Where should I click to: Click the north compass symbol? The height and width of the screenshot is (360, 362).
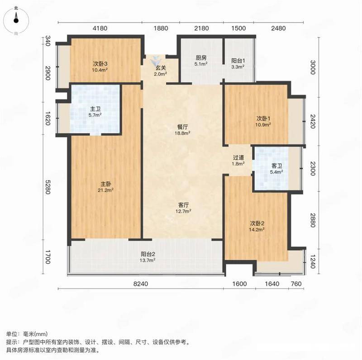pyautogui.click(x=16, y=20)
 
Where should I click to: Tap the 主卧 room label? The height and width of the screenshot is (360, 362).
pyautogui.click(x=106, y=184)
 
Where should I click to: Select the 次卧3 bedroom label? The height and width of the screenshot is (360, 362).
pyautogui.click(x=100, y=64)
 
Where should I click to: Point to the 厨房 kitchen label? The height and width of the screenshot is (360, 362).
pyautogui.click(x=201, y=58)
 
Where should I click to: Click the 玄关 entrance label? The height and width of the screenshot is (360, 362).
pyautogui.click(x=161, y=68)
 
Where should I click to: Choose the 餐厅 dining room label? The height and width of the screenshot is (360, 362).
pyautogui.click(x=183, y=127)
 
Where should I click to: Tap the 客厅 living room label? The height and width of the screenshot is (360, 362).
pyautogui.click(x=184, y=205)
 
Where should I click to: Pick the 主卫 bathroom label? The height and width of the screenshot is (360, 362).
pyautogui.click(x=95, y=109)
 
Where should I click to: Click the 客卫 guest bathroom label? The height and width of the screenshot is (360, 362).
pyautogui.click(x=276, y=166)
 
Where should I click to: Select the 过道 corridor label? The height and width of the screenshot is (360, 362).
pyautogui.click(x=238, y=158)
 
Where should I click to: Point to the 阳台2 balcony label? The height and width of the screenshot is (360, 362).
pyautogui.click(x=148, y=254)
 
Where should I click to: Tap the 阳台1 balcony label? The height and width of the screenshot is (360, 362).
pyautogui.click(x=238, y=61)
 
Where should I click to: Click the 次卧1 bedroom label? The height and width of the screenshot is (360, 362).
pyautogui.click(x=263, y=118)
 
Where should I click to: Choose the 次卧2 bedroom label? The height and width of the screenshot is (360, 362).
pyautogui.click(x=257, y=223)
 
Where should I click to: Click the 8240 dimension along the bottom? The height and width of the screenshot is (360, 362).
pyautogui.click(x=141, y=284)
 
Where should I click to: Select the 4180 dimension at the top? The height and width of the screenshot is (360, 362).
pyautogui.click(x=100, y=28)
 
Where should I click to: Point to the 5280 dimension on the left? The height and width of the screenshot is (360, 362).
pyautogui.click(x=48, y=187)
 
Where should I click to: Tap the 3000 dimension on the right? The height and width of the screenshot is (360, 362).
pyautogui.click(x=313, y=67)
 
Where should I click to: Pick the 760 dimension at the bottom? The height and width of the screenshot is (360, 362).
pyautogui.click(x=296, y=284)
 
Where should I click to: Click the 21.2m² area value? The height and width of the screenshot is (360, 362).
pyautogui.click(x=105, y=190)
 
